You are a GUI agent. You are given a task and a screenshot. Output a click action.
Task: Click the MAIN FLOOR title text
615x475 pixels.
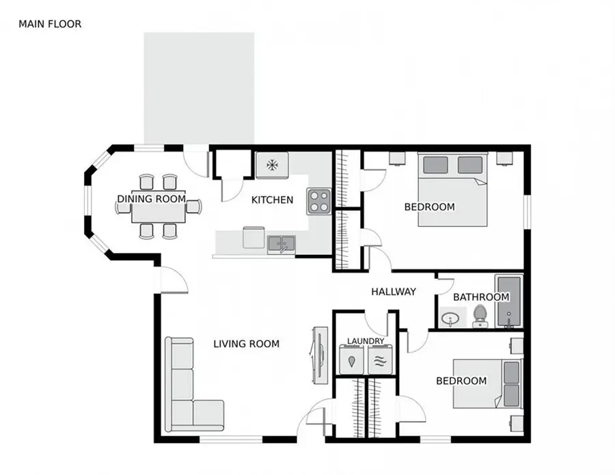coord(50,24)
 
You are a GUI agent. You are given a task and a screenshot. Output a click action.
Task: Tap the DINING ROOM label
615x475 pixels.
coord(151,199)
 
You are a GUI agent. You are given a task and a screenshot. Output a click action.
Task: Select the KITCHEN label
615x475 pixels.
coord(272,200)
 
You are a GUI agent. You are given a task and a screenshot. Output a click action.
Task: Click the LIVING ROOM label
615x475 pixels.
coord(246,344)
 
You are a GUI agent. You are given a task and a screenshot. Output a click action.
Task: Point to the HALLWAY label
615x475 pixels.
coord(393,292)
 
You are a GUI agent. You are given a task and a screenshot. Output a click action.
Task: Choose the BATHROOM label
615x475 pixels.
coord(481,297)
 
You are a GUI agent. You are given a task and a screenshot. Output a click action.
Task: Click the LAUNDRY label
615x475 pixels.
coord(366,341)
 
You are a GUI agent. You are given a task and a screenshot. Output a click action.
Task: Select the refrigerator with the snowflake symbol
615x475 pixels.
coord(272,164)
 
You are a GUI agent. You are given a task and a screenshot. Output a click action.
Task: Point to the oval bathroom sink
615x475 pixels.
coord(450,318)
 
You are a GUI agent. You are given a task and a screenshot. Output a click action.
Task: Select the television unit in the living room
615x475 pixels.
coord(317,353)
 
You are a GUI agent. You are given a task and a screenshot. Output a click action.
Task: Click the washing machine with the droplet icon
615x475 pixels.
coord(353,360)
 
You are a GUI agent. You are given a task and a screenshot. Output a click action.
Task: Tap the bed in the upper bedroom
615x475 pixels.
coord(452,189)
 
